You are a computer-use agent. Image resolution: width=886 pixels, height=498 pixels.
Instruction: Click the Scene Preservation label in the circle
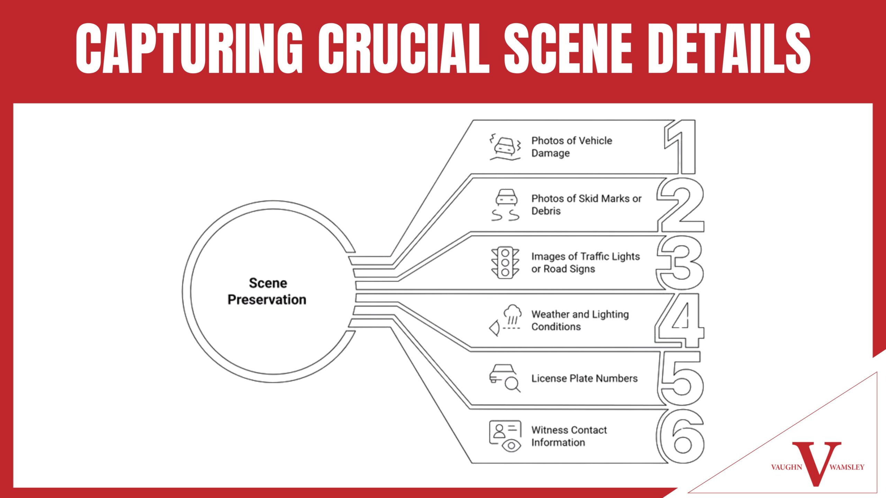pyautogui.click(x=267, y=291)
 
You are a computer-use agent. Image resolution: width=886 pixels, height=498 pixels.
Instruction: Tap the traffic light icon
pyautogui.click(x=505, y=263)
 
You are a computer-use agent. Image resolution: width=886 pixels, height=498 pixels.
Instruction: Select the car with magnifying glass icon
pyautogui.click(x=505, y=378)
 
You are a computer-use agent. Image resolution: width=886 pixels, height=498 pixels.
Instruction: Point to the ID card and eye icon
pyautogui.click(x=505, y=436)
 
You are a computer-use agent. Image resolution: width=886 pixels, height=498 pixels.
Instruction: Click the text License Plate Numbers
pyautogui.click(x=584, y=378)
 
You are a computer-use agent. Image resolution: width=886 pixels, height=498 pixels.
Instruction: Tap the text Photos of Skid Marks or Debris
pyautogui.click(x=586, y=205)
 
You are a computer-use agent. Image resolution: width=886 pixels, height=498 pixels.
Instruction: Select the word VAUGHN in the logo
pyautogui.click(x=786, y=467)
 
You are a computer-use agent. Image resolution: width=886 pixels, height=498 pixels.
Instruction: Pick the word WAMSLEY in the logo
pyautogui.click(x=847, y=467)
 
